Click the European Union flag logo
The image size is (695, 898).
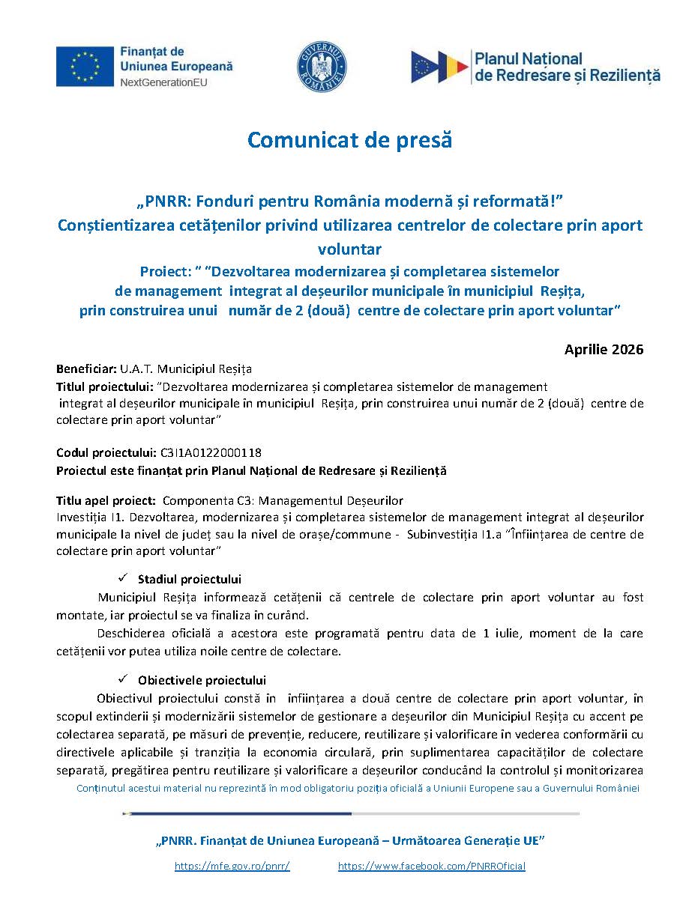tap(85, 65)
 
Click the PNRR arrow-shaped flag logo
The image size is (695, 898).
tap(438, 67)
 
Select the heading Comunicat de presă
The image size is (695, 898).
tap(349, 140)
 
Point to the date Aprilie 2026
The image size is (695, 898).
tap(604, 350)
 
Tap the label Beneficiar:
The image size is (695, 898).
tap(86, 369)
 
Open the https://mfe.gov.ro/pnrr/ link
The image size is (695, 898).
tap(232, 866)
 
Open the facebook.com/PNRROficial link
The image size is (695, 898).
tap(432, 866)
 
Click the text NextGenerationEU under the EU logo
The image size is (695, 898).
tap(164, 82)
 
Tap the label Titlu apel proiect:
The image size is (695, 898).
tap(106, 500)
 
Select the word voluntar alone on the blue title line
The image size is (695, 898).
tap(349, 249)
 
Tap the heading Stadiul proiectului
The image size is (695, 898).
tap(189, 579)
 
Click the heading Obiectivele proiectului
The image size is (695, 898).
tap(202, 680)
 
